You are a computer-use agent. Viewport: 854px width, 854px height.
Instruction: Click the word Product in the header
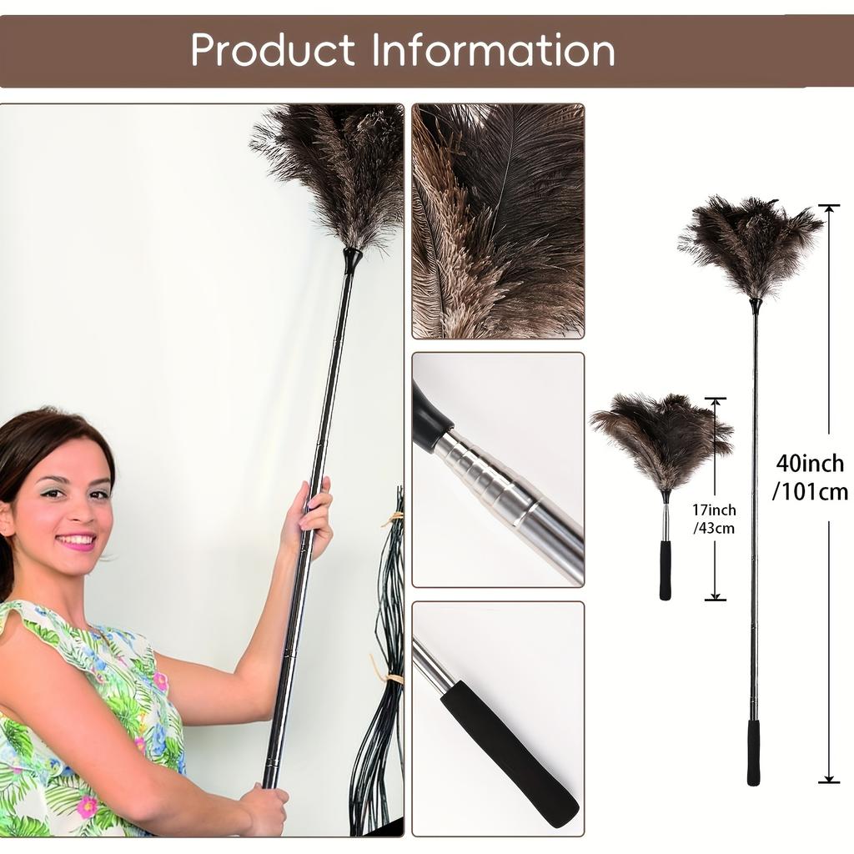click(x=274, y=51)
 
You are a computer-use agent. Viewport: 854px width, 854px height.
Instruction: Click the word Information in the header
click(x=494, y=51)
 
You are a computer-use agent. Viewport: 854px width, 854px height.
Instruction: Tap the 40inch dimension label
click(x=810, y=464)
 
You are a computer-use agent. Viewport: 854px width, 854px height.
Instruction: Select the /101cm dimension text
click(x=810, y=492)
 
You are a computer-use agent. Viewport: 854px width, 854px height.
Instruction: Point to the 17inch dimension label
click(x=714, y=510)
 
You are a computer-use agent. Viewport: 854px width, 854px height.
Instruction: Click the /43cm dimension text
click(x=714, y=529)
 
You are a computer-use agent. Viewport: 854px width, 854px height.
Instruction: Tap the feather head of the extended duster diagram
click(x=751, y=245)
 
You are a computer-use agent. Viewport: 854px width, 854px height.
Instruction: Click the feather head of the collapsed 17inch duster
click(x=662, y=439)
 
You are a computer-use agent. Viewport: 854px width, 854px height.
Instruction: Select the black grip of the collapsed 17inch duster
click(x=666, y=570)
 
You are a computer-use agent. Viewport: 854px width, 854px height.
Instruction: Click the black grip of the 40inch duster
click(x=754, y=752)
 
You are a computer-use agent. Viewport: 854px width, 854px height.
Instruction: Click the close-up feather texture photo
click(x=498, y=221)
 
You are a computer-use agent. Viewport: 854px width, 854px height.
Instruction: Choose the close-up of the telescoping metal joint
click(x=498, y=470)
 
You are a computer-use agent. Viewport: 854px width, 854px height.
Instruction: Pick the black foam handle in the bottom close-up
click(x=509, y=751)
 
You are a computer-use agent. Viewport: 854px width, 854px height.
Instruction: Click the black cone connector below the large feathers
click(x=352, y=259)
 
